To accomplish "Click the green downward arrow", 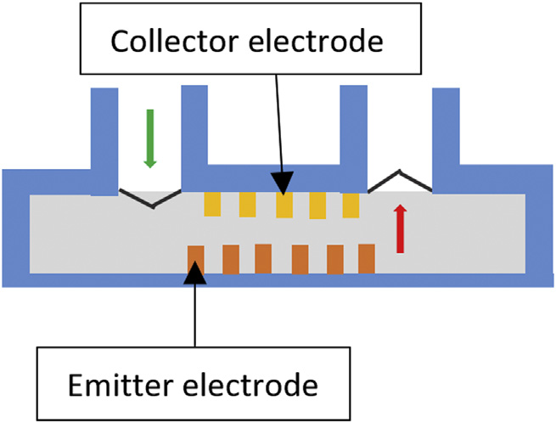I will [150, 137].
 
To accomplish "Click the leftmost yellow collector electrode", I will [212, 204].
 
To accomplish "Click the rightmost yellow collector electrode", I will [351, 205].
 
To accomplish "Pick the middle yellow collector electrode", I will [284, 205].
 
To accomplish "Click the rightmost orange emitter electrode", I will [367, 258].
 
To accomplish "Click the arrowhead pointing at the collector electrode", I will [284, 181].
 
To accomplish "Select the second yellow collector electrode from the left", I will [247, 205].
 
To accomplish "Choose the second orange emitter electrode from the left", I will [230, 258].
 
